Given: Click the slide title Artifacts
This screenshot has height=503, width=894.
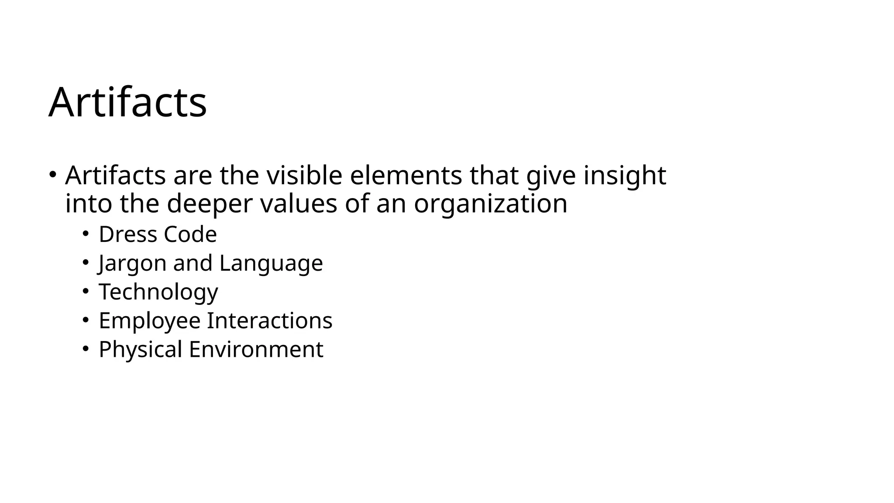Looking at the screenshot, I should pyautogui.click(x=127, y=102).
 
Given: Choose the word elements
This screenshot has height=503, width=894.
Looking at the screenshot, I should pyautogui.click(x=406, y=176).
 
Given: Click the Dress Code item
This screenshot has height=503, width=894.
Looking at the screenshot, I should pyautogui.click(x=158, y=234).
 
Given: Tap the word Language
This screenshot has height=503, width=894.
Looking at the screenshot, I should pyautogui.click(x=271, y=263).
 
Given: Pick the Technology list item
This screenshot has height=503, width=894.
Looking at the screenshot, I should pyautogui.click(x=158, y=292).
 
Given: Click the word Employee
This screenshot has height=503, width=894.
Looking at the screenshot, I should pyautogui.click(x=149, y=320).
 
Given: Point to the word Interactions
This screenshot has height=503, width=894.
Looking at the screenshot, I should pyautogui.click(x=269, y=320).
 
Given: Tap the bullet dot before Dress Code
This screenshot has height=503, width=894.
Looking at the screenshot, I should pyautogui.click(x=86, y=233).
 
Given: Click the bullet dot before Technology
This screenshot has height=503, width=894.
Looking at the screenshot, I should pyautogui.click(x=86, y=291).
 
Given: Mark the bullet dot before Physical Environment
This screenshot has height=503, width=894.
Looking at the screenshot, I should pyautogui.click(x=86, y=348).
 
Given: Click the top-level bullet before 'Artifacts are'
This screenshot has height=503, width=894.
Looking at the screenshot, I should pyautogui.click(x=52, y=174).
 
